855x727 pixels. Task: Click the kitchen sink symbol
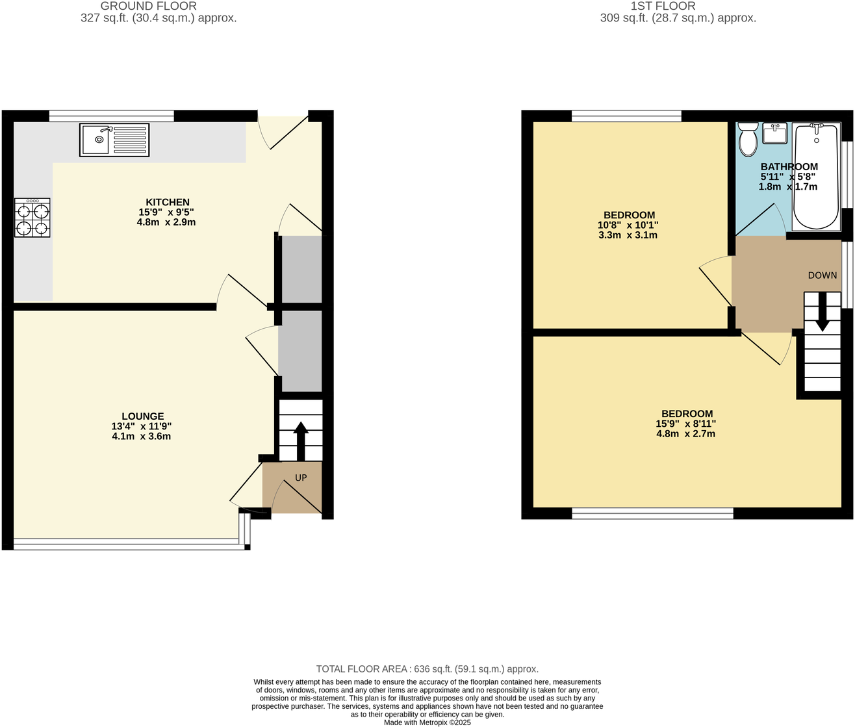(x=114, y=140)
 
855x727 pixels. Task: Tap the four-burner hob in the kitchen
(x=32, y=217)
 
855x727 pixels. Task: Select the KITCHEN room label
(x=168, y=202)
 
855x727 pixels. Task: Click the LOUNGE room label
(x=143, y=416)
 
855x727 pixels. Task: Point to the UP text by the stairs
(x=301, y=478)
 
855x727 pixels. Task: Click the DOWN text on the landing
(x=823, y=275)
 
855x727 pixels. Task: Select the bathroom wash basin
(x=774, y=134)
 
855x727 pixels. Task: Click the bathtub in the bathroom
(x=816, y=177)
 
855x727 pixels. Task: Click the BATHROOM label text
(x=789, y=167)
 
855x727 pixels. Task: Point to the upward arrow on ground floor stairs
(x=301, y=440)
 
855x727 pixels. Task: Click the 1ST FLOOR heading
(x=663, y=6)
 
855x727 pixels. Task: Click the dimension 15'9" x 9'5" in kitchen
(x=167, y=212)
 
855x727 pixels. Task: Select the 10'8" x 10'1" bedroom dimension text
(x=628, y=225)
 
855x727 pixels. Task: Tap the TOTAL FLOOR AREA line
(x=427, y=669)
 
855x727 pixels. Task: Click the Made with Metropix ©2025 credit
(x=427, y=722)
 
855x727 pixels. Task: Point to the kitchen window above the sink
(x=112, y=116)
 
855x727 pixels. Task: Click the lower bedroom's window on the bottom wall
(x=653, y=514)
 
